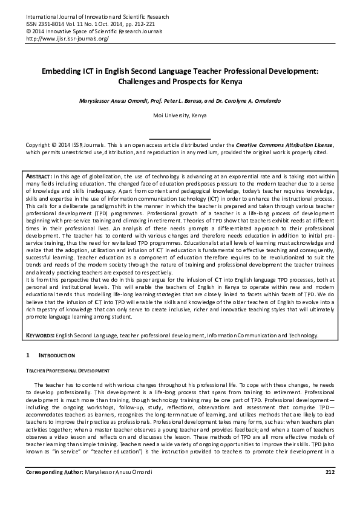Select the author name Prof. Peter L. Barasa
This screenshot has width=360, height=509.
168,99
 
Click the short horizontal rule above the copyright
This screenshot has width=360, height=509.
180,139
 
